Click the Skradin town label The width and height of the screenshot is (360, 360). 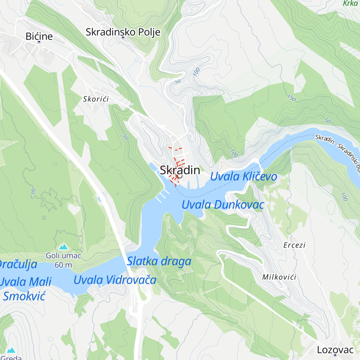click(180, 170)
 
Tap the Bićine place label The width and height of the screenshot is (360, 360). click(39, 36)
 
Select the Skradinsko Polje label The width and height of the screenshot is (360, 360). click(123, 32)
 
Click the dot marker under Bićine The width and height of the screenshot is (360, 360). click(39, 42)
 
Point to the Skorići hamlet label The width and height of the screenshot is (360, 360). click(96, 99)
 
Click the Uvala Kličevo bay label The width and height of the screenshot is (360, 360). click(243, 176)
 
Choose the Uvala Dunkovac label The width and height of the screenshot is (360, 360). click(223, 205)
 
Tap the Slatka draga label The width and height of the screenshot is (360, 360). click(159, 261)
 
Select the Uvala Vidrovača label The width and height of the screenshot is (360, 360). click(115, 280)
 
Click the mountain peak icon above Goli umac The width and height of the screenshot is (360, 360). click(63, 247)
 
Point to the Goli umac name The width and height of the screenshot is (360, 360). click(63, 256)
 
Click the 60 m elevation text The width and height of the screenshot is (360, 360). click(63, 265)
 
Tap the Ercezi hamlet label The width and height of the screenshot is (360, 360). click(294, 245)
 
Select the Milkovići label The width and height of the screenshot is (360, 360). click(279, 277)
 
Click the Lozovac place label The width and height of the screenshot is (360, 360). click(335, 350)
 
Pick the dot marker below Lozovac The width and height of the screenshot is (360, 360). click(335, 355)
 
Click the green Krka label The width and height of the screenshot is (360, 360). click(350, 3)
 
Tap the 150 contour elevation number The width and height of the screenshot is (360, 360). click(291, 98)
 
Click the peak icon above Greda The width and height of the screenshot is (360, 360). click(11, 350)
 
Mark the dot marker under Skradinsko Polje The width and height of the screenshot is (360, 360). click(123, 37)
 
